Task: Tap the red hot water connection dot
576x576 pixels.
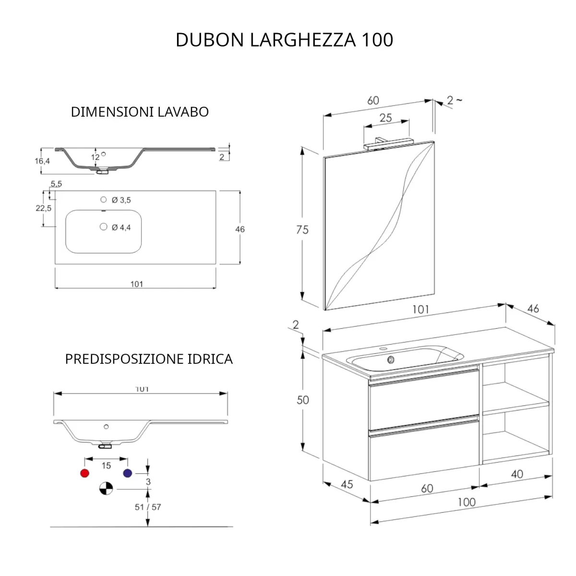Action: pyautogui.click(x=85, y=473)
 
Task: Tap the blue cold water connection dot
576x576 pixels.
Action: pyautogui.click(x=127, y=473)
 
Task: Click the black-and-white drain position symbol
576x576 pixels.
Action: pyautogui.click(x=106, y=489)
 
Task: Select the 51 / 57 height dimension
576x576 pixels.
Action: pyautogui.click(x=148, y=507)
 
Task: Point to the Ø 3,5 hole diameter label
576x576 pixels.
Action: pyautogui.click(x=121, y=200)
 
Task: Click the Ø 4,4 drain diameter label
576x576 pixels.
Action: pyautogui.click(x=121, y=228)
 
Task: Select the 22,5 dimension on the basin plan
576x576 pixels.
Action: pyautogui.click(x=43, y=208)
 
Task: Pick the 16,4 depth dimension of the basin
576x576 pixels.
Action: pyautogui.click(x=42, y=161)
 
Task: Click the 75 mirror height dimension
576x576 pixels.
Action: pyautogui.click(x=302, y=230)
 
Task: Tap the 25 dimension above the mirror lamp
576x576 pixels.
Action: pyautogui.click(x=386, y=118)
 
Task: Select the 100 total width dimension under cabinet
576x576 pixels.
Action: pyautogui.click(x=466, y=502)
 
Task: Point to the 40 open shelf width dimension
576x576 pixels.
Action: pyautogui.click(x=516, y=474)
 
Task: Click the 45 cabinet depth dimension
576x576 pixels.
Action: pyautogui.click(x=347, y=484)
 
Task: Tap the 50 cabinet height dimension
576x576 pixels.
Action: pyautogui.click(x=302, y=400)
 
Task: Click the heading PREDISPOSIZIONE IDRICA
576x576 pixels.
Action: pyautogui.click(x=149, y=359)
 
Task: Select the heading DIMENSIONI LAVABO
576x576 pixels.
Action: pyautogui.click(x=140, y=112)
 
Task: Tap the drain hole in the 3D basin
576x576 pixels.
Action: pyautogui.click(x=391, y=359)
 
